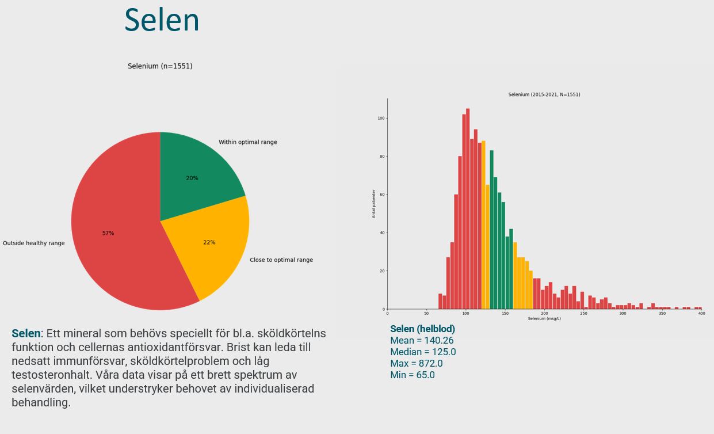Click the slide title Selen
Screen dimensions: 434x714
(x=162, y=20)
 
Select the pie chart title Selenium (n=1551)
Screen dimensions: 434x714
(x=160, y=66)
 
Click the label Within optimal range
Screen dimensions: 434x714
(x=247, y=142)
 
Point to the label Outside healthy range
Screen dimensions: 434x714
(x=33, y=243)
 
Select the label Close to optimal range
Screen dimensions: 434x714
(x=281, y=260)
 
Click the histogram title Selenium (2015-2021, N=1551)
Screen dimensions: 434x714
(x=544, y=94)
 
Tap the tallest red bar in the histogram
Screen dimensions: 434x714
(x=468, y=207)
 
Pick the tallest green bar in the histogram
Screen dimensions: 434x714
(x=491, y=230)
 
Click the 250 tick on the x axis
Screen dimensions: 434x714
(x=583, y=314)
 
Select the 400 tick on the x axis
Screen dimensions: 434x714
(x=701, y=314)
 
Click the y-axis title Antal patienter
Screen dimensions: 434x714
(x=374, y=204)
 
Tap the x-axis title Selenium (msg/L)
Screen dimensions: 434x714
(x=544, y=318)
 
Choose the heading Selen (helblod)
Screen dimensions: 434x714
(x=422, y=329)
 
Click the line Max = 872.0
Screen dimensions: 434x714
(x=416, y=364)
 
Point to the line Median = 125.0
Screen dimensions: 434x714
(x=423, y=352)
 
